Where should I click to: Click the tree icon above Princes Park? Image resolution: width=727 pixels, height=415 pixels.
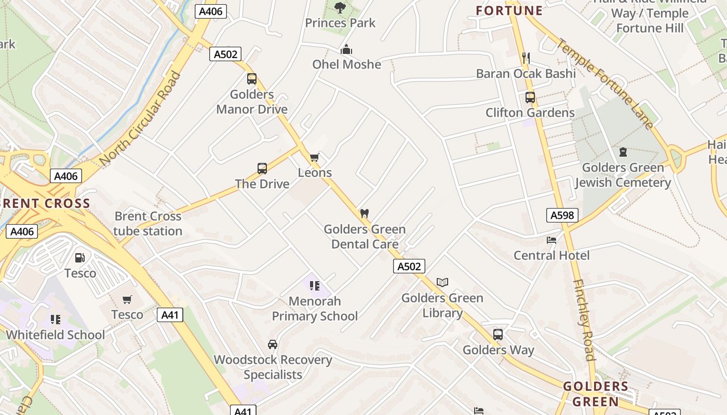[340, 7]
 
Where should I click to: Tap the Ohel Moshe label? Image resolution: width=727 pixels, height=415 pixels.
[346, 64]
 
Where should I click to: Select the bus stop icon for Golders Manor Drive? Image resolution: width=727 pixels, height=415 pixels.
[252, 79]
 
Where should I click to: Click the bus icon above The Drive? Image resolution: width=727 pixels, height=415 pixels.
[262, 169]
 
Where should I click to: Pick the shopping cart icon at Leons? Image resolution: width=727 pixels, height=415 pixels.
[314, 157]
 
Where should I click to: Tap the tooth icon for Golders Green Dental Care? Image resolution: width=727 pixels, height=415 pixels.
[365, 213]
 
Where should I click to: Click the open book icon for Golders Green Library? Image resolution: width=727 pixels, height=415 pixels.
[442, 282]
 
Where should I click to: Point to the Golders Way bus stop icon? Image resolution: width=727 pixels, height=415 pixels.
[498, 335]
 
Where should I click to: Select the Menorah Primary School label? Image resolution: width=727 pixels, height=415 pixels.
[315, 309]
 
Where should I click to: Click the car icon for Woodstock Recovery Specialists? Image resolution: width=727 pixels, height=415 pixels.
[273, 344]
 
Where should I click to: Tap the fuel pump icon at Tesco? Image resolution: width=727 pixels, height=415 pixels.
[80, 258]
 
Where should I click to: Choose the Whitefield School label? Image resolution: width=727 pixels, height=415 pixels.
[55, 335]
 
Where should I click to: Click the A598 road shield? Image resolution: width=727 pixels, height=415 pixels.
[562, 215]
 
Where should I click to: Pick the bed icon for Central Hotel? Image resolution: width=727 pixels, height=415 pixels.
[551, 240]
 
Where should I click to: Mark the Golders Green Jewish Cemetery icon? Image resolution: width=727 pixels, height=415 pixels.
[623, 152]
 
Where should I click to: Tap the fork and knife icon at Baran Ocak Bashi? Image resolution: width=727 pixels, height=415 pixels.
[526, 58]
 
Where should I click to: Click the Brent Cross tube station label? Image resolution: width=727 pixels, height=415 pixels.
[148, 224]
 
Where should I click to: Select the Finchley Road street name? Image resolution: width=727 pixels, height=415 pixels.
[584, 320]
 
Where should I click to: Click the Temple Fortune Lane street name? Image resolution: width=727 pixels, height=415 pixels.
[604, 83]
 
